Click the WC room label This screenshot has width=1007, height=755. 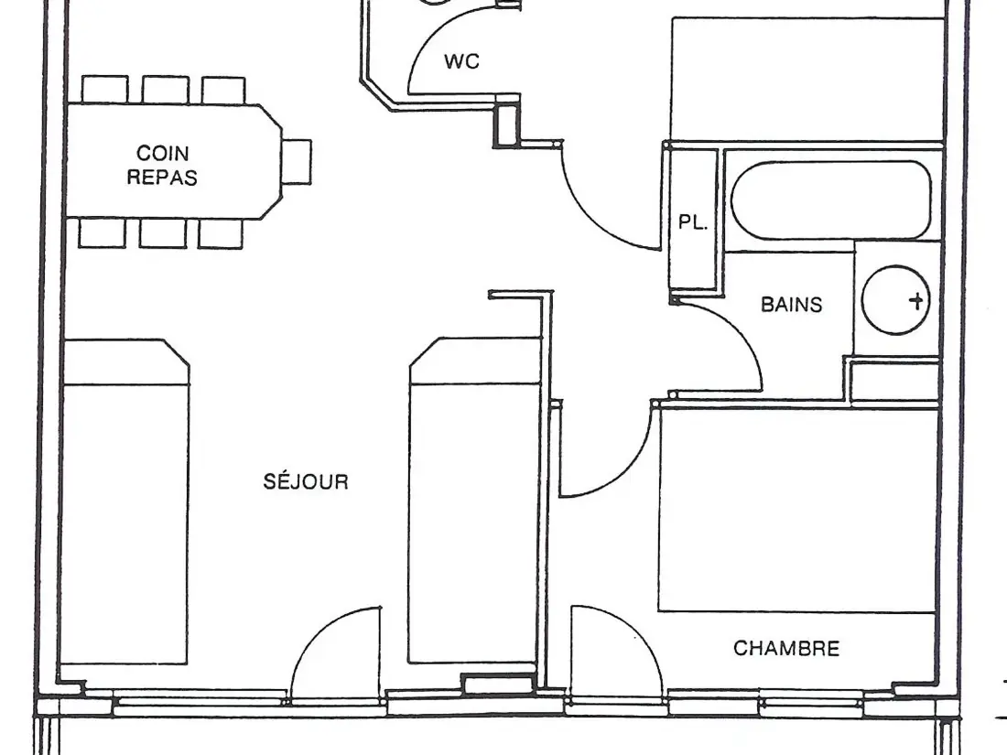[461, 61]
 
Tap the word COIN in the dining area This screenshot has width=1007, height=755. [162, 153]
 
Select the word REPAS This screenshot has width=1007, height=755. [162, 178]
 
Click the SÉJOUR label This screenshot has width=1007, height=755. [306, 480]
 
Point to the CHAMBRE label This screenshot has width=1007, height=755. [786, 649]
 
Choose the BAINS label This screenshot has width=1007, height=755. [792, 305]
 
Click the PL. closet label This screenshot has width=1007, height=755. [693, 222]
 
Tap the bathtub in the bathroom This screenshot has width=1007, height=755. [831, 200]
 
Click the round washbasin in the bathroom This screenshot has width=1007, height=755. [896, 300]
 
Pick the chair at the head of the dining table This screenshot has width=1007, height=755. [297, 162]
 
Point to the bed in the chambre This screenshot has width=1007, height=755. [797, 509]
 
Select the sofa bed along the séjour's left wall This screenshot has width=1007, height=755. [125, 502]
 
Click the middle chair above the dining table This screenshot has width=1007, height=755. [166, 90]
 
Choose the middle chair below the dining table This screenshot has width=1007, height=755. [163, 233]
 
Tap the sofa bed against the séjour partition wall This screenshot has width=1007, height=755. [474, 501]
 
